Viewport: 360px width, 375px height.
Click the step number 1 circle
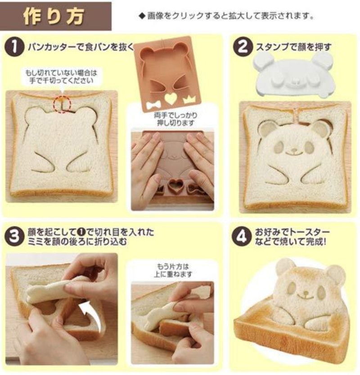[x=14, y=47]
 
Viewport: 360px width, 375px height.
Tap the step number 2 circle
[x=243, y=47]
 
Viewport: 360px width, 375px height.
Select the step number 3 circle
[x=14, y=237]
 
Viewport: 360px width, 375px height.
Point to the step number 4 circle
[x=242, y=237]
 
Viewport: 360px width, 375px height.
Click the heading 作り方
[x=54, y=16]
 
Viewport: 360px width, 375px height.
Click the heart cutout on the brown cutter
[x=171, y=98]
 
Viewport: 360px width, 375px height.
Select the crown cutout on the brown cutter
[x=189, y=99]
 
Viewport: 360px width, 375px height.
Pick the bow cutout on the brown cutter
[x=153, y=105]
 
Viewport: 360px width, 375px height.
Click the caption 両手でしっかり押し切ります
[x=176, y=119]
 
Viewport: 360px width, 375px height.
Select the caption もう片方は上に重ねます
[x=173, y=270]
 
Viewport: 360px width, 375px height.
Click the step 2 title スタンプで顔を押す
[x=294, y=47]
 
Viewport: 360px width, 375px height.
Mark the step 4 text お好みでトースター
[x=292, y=232]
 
